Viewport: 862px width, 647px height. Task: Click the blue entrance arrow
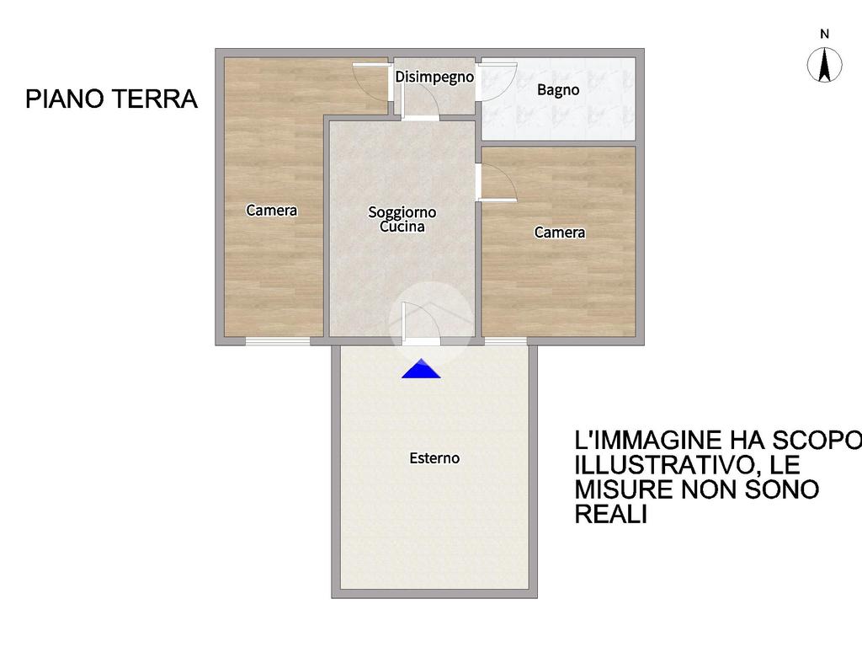(421, 369)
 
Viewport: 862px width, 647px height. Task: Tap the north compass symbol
(824, 64)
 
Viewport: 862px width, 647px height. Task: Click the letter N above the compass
(824, 34)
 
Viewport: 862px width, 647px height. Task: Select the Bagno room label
(558, 89)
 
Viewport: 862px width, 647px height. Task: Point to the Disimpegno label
(434, 77)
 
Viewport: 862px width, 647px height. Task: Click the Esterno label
(434, 457)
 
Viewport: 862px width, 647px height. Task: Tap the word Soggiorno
(402, 212)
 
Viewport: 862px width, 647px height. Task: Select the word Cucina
(402, 227)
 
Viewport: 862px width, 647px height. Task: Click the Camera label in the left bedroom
(272, 210)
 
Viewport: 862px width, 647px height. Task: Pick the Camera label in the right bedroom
(560, 233)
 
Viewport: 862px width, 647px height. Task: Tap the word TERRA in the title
(155, 99)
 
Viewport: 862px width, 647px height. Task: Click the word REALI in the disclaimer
(611, 514)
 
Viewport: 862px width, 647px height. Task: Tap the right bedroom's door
(497, 182)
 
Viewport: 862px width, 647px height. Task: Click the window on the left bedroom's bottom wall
(278, 342)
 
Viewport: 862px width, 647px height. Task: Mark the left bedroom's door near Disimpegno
(371, 83)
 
